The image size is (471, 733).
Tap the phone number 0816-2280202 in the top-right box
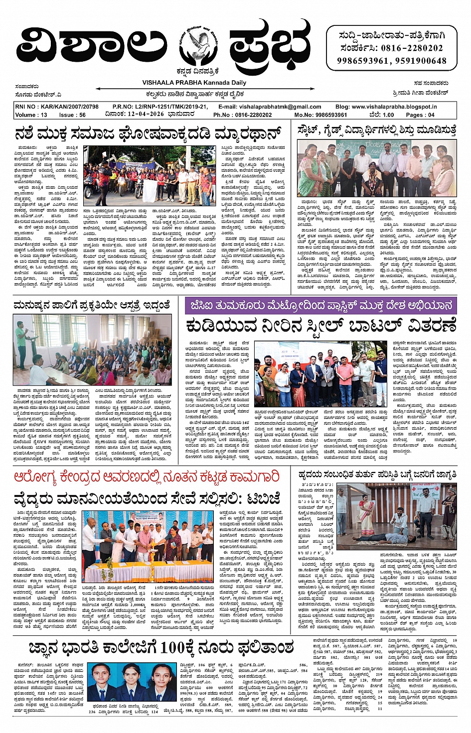coord(412,48)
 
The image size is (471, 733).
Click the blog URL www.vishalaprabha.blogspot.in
coord(394,107)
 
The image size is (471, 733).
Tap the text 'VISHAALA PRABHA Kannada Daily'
coord(194,83)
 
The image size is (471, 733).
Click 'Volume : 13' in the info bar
coord(31,115)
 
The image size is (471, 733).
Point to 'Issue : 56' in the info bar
coord(72,115)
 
